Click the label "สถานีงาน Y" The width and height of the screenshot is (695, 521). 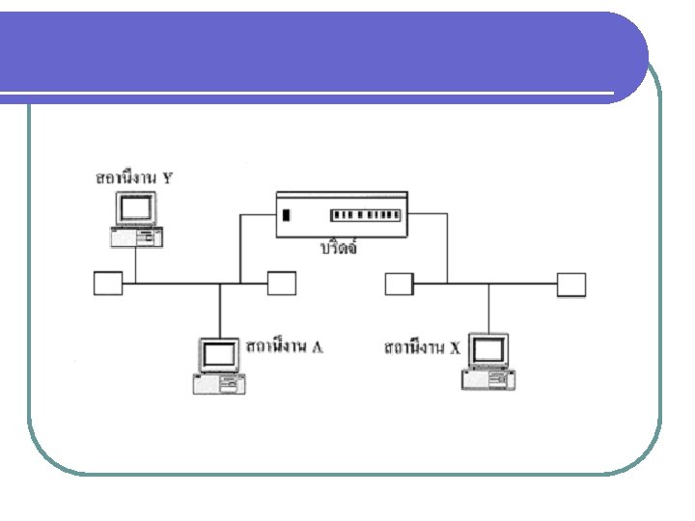pyautogui.click(x=134, y=178)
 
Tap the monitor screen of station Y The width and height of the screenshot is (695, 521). pyautogui.click(x=136, y=207)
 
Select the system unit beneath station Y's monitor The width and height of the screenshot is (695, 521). pyautogui.click(x=136, y=237)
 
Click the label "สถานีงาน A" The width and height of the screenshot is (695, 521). pyautogui.click(x=285, y=346)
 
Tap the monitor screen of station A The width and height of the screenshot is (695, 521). pyautogui.click(x=218, y=355)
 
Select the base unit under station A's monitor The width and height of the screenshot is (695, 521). pyautogui.click(x=218, y=384)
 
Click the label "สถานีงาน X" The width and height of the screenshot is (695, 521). pyautogui.click(x=422, y=346)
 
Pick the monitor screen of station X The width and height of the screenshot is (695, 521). pyautogui.click(x=487, y=350)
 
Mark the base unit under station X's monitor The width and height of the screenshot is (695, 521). pyautogui.click(x=487, y=379)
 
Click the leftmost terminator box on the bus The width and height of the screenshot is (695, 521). pyautogui.click(x=108, y=284)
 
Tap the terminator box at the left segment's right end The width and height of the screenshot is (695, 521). pyautogui.click(x=281, y=284)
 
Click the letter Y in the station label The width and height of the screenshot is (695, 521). pyautogui.click(x=169, y=178)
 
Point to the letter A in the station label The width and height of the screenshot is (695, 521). pyautogui.click(x=318, y=346)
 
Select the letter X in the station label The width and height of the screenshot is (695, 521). pyautogui.click(x=455, y=346)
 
